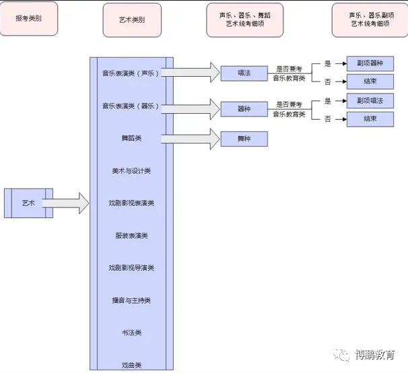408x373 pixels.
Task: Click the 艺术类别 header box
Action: pos(131,20)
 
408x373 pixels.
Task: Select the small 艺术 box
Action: pos(28,203)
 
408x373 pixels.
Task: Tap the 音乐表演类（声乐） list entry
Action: pos(131,73)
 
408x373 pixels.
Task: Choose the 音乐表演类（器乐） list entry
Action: pos(131,106)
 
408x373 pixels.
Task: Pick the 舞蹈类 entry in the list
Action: pos(131,138)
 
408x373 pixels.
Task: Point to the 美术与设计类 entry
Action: pos(131,170)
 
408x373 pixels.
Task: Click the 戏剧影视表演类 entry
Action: pos(131,203)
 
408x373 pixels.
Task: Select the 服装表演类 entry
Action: pos(131,236)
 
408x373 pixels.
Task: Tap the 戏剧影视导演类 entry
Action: pos(131,267)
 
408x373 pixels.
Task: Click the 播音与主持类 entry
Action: pos(131,300)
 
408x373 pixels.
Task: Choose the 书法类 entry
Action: pos(131,333)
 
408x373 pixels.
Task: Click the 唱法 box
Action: pos(244,73)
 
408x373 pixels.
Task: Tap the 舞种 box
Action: pos(244,139)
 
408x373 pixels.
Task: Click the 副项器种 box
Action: pos(370,64)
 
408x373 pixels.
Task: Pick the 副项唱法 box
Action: pos(370,101)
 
